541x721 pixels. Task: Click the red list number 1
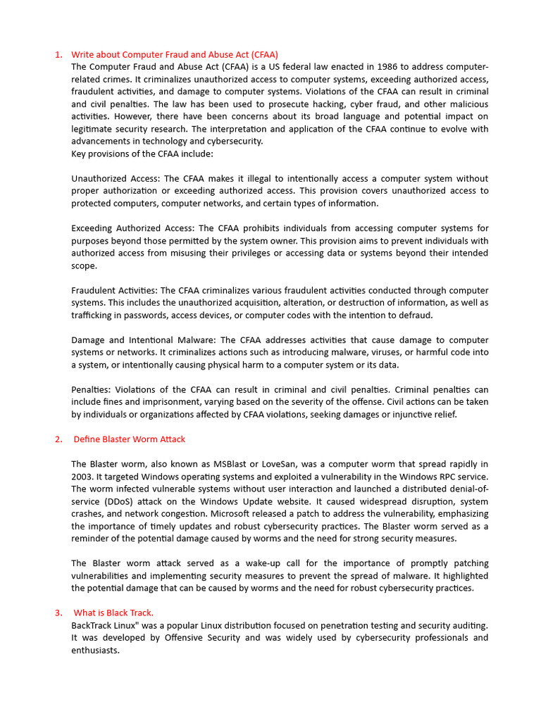tap(58, 55)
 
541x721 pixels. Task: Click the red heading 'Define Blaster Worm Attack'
tap(129, 439)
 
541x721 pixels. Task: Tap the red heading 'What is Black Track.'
tap(113, 613)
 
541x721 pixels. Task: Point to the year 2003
tap(82, 477)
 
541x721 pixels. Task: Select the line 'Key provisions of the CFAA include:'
tap(142, 153)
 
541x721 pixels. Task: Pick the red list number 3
tap(58, 613)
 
